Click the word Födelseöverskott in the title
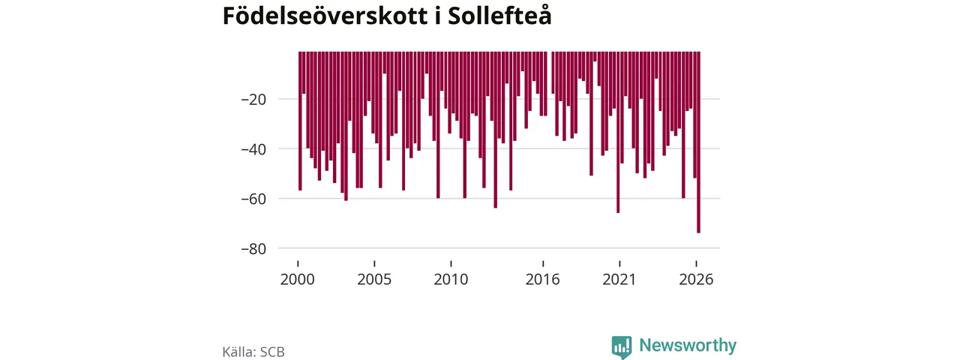coord(325,16)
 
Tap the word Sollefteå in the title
coord(499,16)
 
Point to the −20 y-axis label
coord(253,100)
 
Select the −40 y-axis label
coord(253,149)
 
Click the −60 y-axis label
coord(253,199)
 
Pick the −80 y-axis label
coord(253,248)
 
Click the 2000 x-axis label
coord(298,280)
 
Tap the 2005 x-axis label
coord(374,280)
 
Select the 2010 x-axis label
coord(451,280)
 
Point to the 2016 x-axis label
coord(542,280)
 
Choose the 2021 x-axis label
coord(619,280)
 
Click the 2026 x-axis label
coord(696,280)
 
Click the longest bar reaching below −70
coord(698,142)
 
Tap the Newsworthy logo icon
coord(622,346)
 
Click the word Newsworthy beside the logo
coord(688,346)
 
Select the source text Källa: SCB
coord(253,352)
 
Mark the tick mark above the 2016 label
coord(543,263)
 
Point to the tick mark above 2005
coord(374,263)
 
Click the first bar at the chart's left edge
coord(301,121)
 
